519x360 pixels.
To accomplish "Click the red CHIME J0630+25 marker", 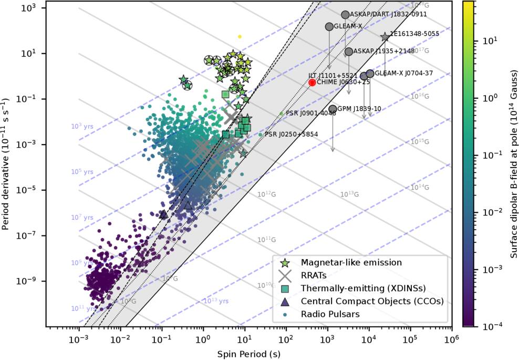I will click(x=312, y=83).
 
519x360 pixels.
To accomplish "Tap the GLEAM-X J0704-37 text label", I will click(x=404, y=73).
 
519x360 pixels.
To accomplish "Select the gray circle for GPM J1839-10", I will click(x=333, y=109).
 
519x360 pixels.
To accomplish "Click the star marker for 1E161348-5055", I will click(x=385, y=37).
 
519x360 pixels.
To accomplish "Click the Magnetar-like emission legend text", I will click(x=351, y=262).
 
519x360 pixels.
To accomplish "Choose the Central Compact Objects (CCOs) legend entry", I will click(x=372, y=301).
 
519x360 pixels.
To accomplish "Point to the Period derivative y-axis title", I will click(x=6, y=163).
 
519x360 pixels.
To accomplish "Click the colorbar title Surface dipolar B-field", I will click(x=512, y=163).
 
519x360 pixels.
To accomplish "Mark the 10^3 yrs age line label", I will click(x=82, y=126).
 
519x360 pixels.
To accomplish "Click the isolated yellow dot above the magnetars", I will click(x=240, y=37).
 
